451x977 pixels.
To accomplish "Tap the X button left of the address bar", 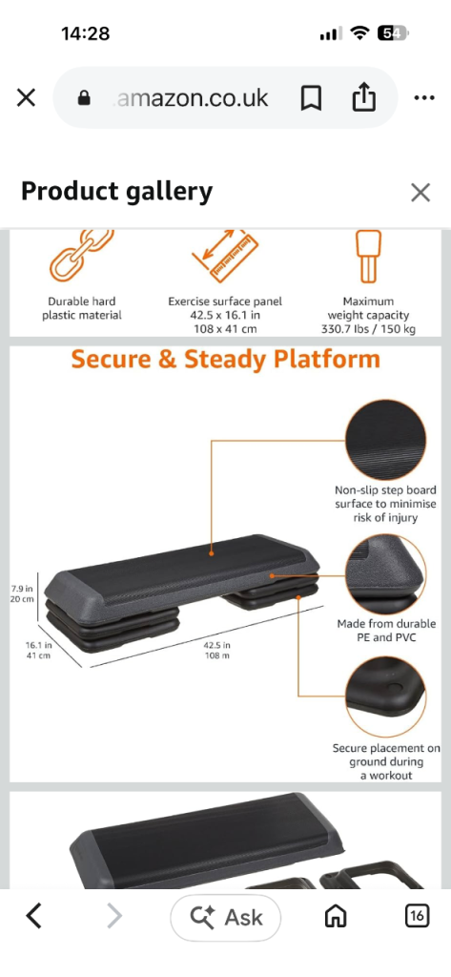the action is pyautogui.click(x=26, y=98).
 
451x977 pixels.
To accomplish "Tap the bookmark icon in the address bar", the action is pyautogui.click(x=311, y=98).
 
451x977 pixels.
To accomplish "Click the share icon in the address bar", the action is pyautogui.click(x=364, y=97).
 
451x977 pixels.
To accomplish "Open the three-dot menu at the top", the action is pyautogui.click(x=424, y=98).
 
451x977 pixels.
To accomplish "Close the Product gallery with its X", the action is pyautogui.click(x=420, y=193).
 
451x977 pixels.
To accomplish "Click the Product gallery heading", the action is pyautogui.click(x=117, y=191).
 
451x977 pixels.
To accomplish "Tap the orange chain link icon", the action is pyautogui.click(x=82, y=256).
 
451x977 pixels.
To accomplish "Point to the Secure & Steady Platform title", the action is pyautogui.click(x=225, y=360).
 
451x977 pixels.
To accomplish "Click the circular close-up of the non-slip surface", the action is pyautogui.click(x=385, y=440).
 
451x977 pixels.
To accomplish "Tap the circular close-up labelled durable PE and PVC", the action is pyautogui.click(x=385, y=574).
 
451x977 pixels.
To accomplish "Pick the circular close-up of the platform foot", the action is pyautogui.click(x=385, y=697).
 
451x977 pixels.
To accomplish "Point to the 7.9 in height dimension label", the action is pyautogui.click(x=22, y=593).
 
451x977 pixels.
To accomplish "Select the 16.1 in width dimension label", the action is pyautogui.click(x=39, y=651).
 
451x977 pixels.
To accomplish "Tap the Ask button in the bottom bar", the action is pyautogui.click(x=225, y=917).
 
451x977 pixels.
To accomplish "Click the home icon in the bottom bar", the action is pyautogui.click(x=336, y=917).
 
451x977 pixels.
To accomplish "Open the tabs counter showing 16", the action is pyautogui.click(x=417, y=916).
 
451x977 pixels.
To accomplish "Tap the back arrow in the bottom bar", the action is pyautogui.click(x=33, y=917).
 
